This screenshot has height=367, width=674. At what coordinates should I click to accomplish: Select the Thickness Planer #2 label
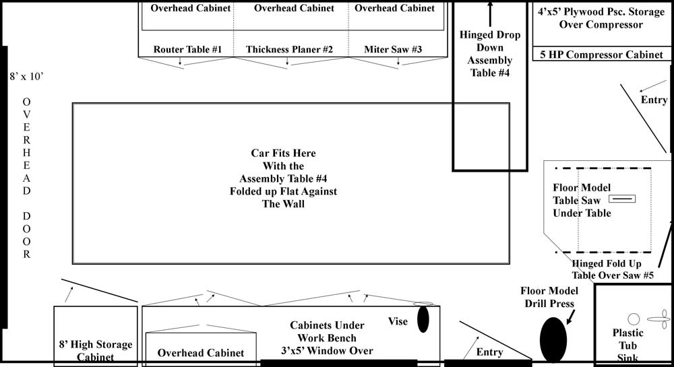coord(289,50)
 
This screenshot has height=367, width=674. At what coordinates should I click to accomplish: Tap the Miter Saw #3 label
coord(393,50)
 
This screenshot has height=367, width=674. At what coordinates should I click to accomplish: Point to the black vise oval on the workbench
coord(423,319)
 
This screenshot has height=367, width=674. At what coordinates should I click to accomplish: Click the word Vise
coord(398,321)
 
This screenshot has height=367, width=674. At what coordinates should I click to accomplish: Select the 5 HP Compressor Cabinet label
coord(601,55)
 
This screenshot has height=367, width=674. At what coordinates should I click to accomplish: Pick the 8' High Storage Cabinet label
coord(96,351)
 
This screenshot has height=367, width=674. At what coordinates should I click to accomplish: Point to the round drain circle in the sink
coord(633,319)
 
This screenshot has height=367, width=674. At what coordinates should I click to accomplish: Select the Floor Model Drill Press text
coord(549,297)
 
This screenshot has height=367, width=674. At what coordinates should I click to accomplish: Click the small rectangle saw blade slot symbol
coord(622,199)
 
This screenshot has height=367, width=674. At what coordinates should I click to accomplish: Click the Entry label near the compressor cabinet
coord(654,100)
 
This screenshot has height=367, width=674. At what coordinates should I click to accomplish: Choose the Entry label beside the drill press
coord(489,352)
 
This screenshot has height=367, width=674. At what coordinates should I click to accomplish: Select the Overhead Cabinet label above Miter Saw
coord(394,8)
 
